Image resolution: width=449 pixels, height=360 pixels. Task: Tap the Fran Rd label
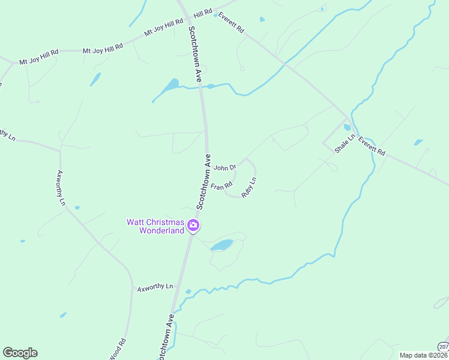tap(221, 187)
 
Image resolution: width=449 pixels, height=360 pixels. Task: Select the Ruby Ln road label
tap(249, 188)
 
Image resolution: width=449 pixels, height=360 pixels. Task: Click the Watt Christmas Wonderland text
tap(155, 226)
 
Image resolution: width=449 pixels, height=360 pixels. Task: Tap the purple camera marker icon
tap(193, 226)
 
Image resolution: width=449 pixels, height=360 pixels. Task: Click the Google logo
tap(20, 353)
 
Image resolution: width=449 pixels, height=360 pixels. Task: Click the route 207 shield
tap(443, 346)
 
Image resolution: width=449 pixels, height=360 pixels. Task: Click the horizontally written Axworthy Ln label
tap(155, 287)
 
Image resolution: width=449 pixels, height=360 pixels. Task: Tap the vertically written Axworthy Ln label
tap(60, 188)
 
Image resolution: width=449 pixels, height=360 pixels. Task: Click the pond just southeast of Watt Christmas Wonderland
tap(223, 245)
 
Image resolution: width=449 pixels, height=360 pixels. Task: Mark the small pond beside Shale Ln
tap(347, 127)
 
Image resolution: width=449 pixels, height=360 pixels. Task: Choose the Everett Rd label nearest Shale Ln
tap(372, 146)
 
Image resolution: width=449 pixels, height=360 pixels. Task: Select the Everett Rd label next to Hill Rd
tap(231, 22)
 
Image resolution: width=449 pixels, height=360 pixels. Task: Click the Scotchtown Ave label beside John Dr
tap(203, 182)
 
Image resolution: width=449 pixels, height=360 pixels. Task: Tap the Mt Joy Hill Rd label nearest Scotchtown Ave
tap(163, 29)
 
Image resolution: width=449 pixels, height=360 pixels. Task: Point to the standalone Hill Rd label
tap(203, 13)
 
